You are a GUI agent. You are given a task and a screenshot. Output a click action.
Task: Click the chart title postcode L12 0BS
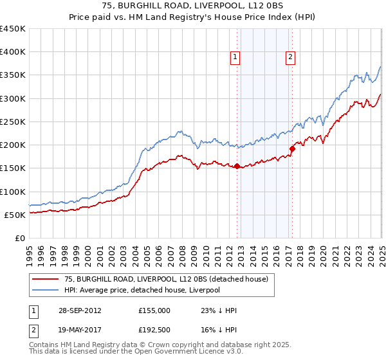pos(238,6)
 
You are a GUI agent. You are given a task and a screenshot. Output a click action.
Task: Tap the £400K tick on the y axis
pos(13,52)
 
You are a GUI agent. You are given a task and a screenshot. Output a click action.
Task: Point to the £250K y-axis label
pos(13,122)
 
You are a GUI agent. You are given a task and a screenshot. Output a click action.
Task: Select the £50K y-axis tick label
pos(15,215)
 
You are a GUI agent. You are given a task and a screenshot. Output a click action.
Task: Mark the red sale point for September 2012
pos(237,166)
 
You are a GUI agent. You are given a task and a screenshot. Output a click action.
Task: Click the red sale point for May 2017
pos(291,148)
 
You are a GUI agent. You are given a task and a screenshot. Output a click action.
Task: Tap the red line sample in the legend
pos(46,279)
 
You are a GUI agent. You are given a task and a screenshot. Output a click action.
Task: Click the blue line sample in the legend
pos(46,290)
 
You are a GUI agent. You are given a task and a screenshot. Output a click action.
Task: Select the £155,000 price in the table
pos(154,310)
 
